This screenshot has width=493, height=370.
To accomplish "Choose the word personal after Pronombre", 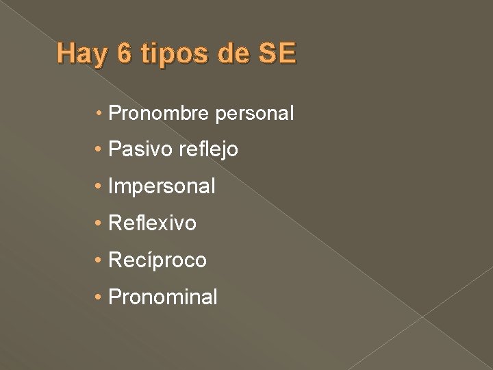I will pos(254,113).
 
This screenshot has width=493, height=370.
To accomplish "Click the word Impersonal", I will pos(162,186).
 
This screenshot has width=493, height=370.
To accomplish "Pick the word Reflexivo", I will pos(152,223).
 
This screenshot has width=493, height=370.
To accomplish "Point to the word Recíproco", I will pos(157,260).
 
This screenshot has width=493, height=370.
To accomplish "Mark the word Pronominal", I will pos(163,297).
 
